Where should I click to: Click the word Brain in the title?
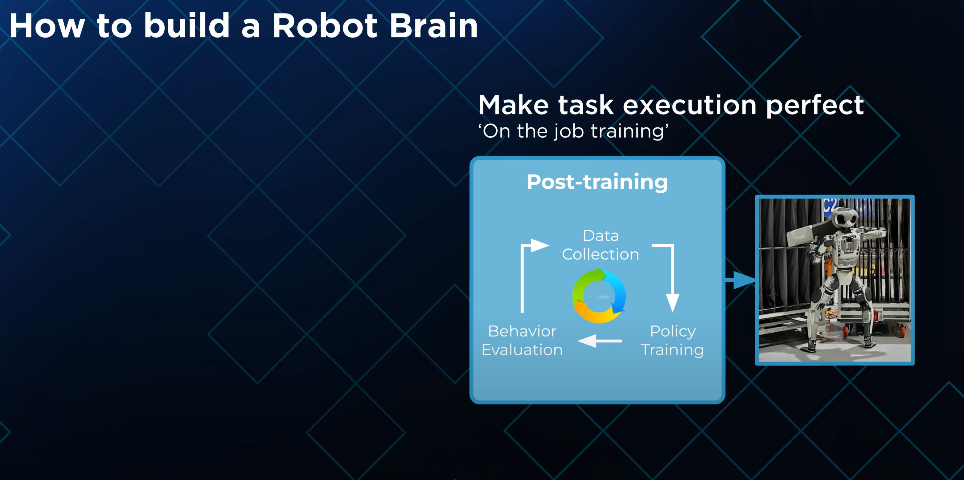click(434, 26)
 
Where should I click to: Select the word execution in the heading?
click(689, 105)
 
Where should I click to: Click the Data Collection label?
click(600, 245)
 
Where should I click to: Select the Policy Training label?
click(672, 341)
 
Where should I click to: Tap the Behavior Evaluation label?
click(522, 341)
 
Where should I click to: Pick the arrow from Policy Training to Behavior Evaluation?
click(600, 341)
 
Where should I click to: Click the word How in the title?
click(47, 26)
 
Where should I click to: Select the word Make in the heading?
click(513, 105)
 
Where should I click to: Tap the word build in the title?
click(187, 26)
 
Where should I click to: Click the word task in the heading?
click(586, 105)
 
